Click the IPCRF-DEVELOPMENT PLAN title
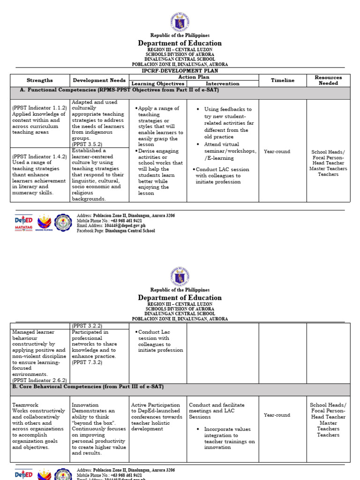coord(180,71)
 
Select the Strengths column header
coord(40,80)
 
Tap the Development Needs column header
coord(99,80)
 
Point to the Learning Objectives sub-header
coord(157,83)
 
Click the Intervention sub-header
coord(223,83)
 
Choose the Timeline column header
coord(283,80)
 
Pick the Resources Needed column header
coord(328,80)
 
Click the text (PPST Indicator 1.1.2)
coord(39,108)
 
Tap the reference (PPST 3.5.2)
coord(87,145)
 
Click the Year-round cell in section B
coord(277,415)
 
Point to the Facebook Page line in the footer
coord(116,231)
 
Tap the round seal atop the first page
coord(180,22)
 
